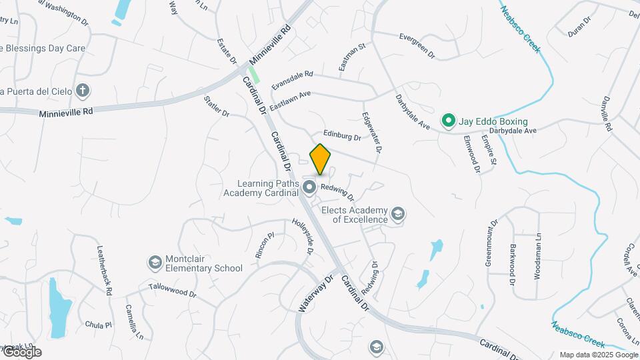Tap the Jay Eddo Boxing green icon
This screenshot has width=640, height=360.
(x=449, y=121)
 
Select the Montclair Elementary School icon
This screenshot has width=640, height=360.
(x=155, y=261)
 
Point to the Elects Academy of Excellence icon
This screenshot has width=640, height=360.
(x=398, y=213)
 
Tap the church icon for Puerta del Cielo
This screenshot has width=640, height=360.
(x=83, y=90)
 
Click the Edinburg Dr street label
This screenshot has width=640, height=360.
(x=342, y=136)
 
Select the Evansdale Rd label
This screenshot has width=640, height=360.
(x=292, y=81)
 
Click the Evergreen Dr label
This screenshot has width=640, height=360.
(x=417, y=45)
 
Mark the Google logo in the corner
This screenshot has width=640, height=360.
(x=22, y=351)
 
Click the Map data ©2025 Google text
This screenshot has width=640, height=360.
(x=598, y=355)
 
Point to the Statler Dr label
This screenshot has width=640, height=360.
(x=217, y=107)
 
